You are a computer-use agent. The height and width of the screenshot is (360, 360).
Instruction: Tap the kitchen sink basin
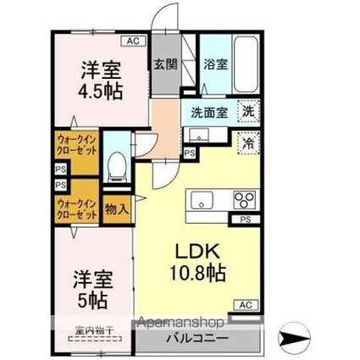point(203,200)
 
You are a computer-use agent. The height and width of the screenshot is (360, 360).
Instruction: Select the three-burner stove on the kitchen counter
point(244,201)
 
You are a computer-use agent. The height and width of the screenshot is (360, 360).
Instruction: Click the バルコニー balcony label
point(202,337)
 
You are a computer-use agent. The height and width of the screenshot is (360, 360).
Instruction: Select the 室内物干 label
point(90,330)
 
